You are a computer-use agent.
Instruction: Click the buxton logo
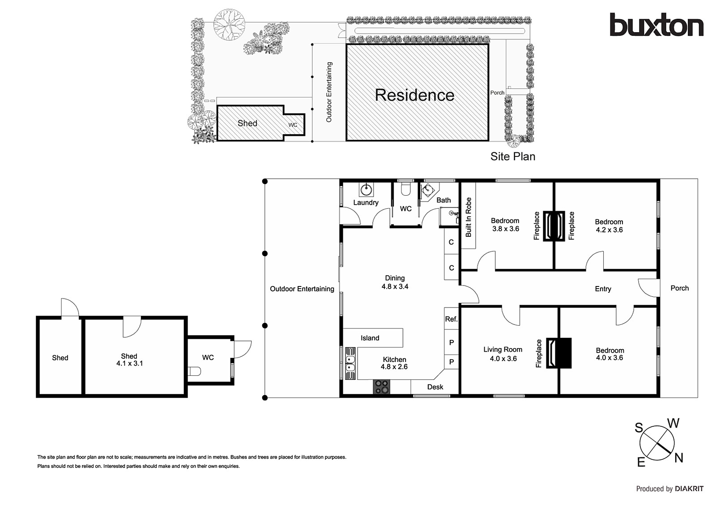(x=656, y=25)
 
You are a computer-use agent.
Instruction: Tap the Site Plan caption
(x=512, y=156)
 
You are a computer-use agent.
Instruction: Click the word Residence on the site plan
(x=414, y=95)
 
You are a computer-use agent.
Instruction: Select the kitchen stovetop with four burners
(x=381, y=387)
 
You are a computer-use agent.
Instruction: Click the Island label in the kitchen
(x=370, y=338)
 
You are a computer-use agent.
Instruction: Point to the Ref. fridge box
(x=451, y=319)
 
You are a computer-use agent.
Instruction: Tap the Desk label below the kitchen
(x=435, y=387)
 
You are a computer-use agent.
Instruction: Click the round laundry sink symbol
(x=367, y=189)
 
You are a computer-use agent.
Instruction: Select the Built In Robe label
(x=469, y=217)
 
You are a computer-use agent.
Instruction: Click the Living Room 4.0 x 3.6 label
(x=503, y=354)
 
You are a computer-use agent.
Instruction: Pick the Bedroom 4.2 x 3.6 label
(x=609, y=226)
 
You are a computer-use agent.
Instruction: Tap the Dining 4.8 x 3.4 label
(x=395, y=282)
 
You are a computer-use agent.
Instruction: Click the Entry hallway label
(x=603, y=289)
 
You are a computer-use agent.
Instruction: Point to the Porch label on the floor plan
(x=679, y=288)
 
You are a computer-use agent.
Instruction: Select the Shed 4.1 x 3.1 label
(x=129, y=360)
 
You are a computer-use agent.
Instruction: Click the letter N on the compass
(x=679, y=458)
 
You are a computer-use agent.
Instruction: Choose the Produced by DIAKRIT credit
(x=669, y=489)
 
